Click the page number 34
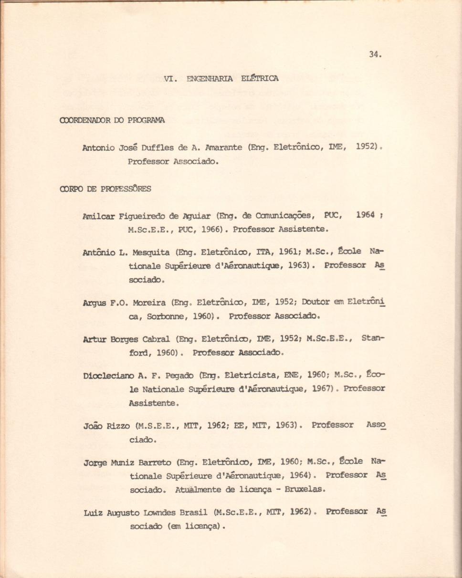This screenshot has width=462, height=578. tap(375, 54)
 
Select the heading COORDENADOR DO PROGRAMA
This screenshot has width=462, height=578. tap(112, 120)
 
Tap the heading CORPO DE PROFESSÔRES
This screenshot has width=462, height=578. tap(105, 189)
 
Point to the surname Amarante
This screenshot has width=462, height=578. tap(225, 148)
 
